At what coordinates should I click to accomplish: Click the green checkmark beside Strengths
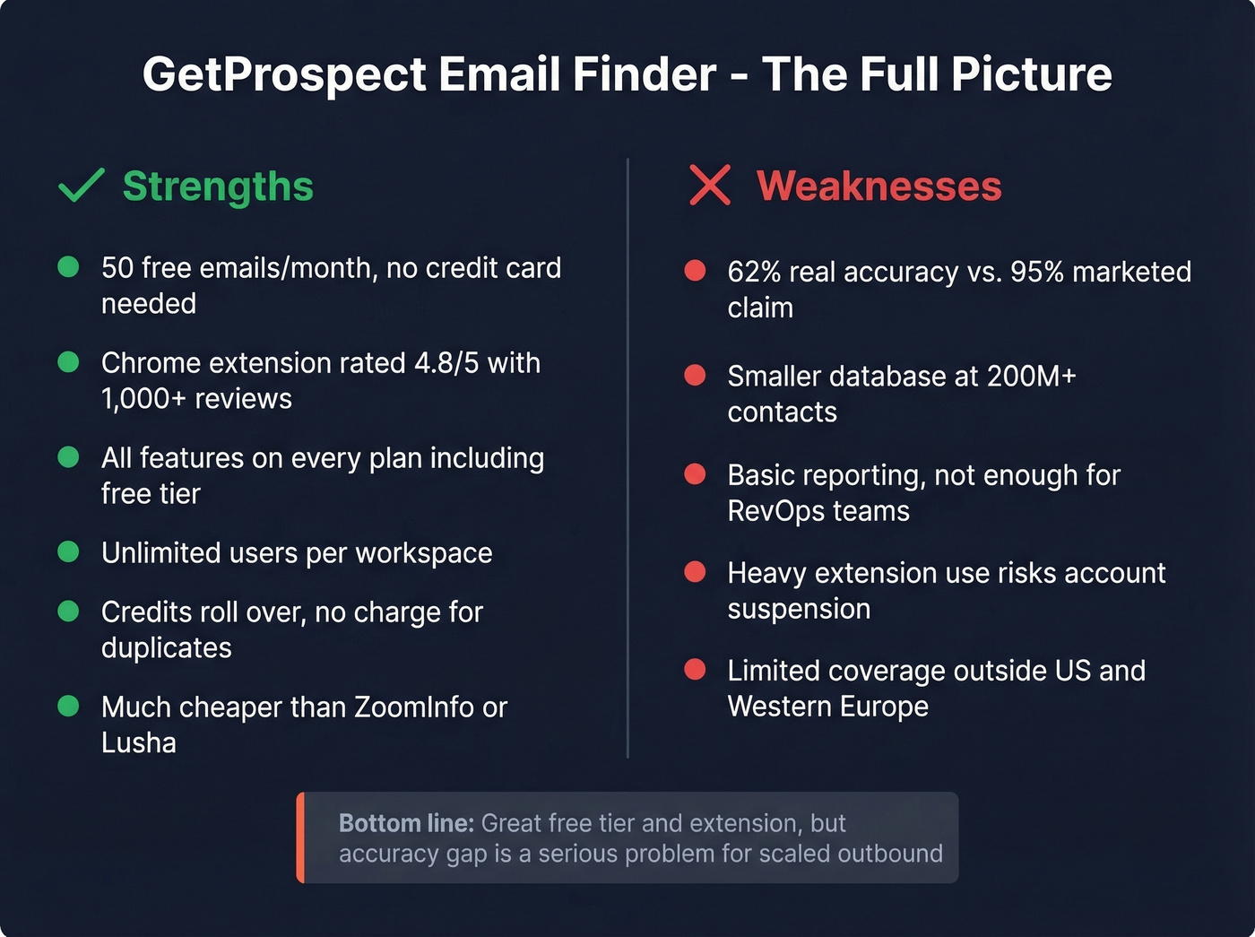pyautogui.click(x=81, y=186)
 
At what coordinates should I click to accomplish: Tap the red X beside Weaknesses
pyautogui.click(x=710, y=185)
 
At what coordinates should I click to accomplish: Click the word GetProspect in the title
pyautogui.click(x=284, y=74)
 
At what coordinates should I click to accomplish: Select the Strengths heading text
pyautogui.click(x=218, y=187)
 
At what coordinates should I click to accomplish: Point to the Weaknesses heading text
pyautogui.click(x=878, y=187)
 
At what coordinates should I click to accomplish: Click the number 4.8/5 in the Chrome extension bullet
pyautogui.click(x=446, y=363)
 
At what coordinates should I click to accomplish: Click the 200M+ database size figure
pyautogui.click(x=1031, y=376)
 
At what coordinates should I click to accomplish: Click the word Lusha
pyautogui.click(x=139, y=743)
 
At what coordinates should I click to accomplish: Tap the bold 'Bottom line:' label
pyautogui.click(x=406, y=823)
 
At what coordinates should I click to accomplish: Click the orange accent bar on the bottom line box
pyautogui.click(x=301, y=837)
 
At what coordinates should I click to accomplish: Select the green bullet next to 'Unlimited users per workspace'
pyautogui.click(x=68, y=551)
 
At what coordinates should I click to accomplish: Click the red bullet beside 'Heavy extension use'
pyautogui.click(x=695, y=572)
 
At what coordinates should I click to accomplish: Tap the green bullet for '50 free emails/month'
pyautogui.click(x=68, y=266)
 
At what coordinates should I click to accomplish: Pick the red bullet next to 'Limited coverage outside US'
pyautogui.click(x=695, y=669)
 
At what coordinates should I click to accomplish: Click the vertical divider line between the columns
pyautogui.click(x=627, y=457)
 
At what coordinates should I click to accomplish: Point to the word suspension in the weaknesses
pyautogui.click(x=799, y=609)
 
